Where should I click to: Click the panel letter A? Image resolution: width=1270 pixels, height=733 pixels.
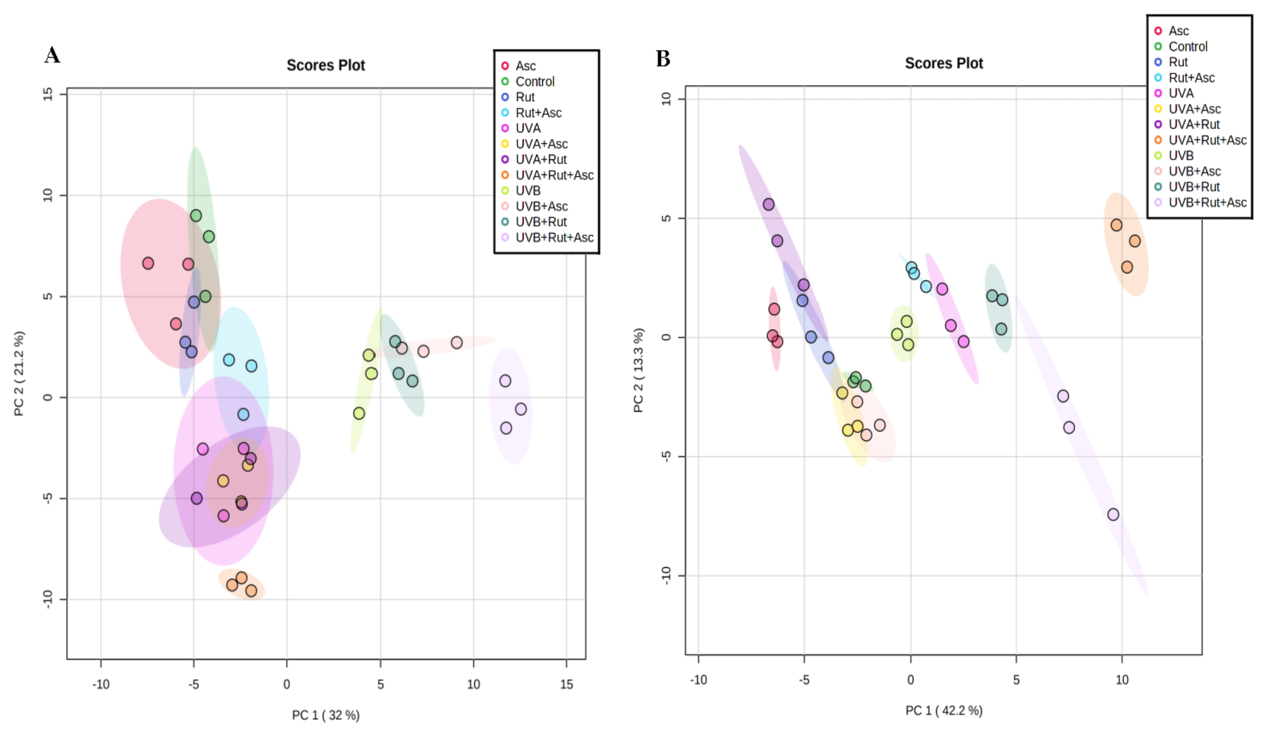click(52, 56)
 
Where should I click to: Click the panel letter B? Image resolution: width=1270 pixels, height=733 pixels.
click(663, 59)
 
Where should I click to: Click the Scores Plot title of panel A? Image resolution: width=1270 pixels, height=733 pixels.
click(326, 65)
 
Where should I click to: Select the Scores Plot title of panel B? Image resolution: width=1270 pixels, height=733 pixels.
click(944, 64)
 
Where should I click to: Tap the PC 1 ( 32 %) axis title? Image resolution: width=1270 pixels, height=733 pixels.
click(326, 715)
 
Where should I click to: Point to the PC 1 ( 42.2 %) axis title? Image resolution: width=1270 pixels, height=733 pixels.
click(944, 710)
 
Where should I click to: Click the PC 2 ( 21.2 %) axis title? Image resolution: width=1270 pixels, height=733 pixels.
click(19, 373)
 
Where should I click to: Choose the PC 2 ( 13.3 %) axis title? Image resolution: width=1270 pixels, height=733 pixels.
click(638, 370)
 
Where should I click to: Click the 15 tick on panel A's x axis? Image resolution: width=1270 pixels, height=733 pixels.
click(566, 684)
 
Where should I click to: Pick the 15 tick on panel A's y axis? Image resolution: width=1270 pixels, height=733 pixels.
click(48, 94)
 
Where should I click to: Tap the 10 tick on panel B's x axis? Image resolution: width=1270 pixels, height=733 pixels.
click(1122, 680)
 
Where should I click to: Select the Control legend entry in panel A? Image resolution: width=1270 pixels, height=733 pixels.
click(535, 81)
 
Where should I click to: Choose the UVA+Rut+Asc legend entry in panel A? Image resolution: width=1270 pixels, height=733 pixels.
click(554, 175)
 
